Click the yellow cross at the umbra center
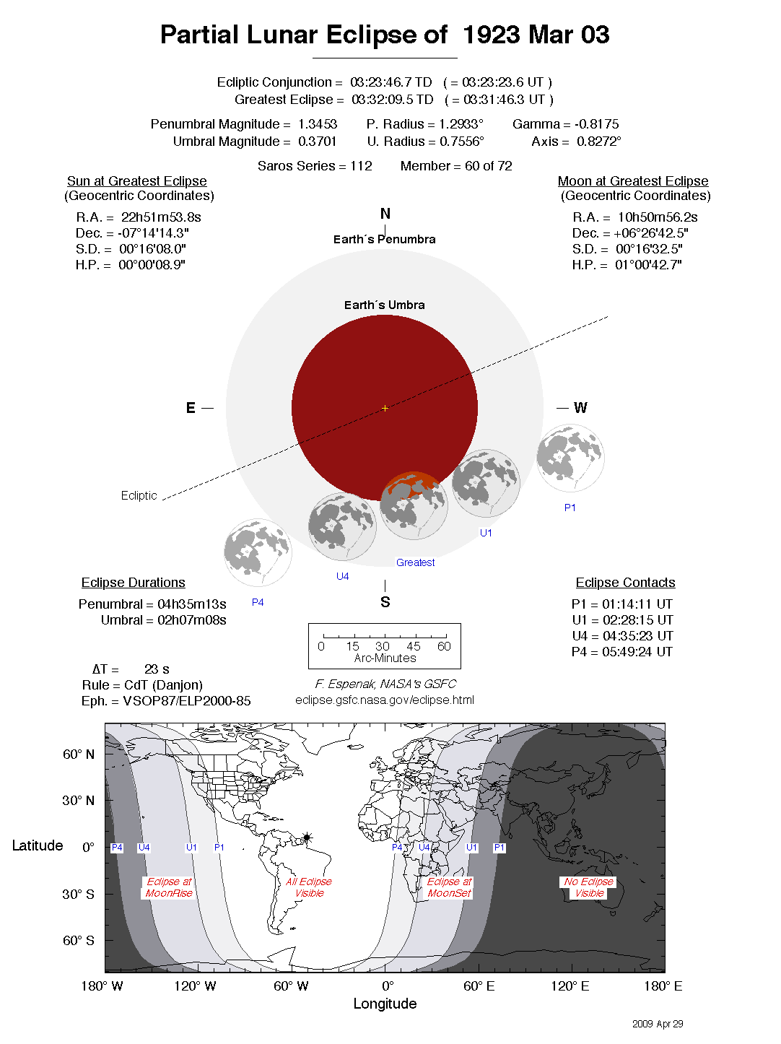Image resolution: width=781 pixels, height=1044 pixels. [385, 408]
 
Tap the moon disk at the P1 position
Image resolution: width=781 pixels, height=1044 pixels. [570, 458]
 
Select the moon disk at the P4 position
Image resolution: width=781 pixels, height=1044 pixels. [258, 552]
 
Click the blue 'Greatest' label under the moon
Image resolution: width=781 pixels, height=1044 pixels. [415, 562]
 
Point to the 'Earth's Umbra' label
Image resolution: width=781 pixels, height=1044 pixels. [384, 305]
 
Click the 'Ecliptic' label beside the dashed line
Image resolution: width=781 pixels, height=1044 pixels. [139, 495]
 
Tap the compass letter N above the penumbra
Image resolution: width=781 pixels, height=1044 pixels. [385, 214]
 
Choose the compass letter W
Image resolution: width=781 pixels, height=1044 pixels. [580, 408]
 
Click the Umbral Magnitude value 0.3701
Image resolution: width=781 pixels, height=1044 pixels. [317, 142]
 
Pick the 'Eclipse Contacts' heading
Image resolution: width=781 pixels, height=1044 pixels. [625, 582]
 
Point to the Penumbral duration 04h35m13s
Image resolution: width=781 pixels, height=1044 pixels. [191, 604]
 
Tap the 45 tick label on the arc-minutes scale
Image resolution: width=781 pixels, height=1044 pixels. [413, 646]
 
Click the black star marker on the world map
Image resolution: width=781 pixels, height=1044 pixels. [307, 838]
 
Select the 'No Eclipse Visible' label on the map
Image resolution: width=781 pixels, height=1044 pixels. [588, 887]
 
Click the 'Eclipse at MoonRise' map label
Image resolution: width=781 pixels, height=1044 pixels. [169, 887]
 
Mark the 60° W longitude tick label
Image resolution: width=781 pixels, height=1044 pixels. [290, 986]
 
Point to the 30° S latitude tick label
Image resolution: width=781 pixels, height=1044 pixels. [78, 894]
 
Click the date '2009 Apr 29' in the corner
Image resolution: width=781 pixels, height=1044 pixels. [658, 1024]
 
